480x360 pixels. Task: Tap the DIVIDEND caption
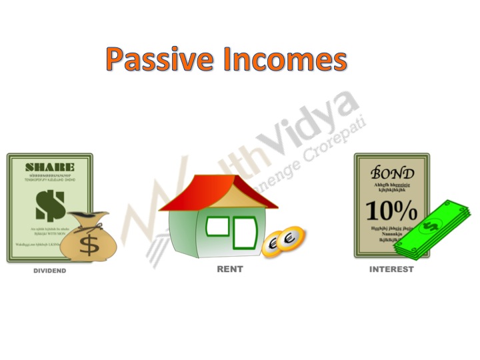50,271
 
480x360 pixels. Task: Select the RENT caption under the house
230,269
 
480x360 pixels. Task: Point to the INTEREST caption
391,269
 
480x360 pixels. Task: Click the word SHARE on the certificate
49,167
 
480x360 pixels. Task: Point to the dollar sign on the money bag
89,244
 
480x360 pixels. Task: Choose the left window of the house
217,227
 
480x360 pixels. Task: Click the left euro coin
273,246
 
